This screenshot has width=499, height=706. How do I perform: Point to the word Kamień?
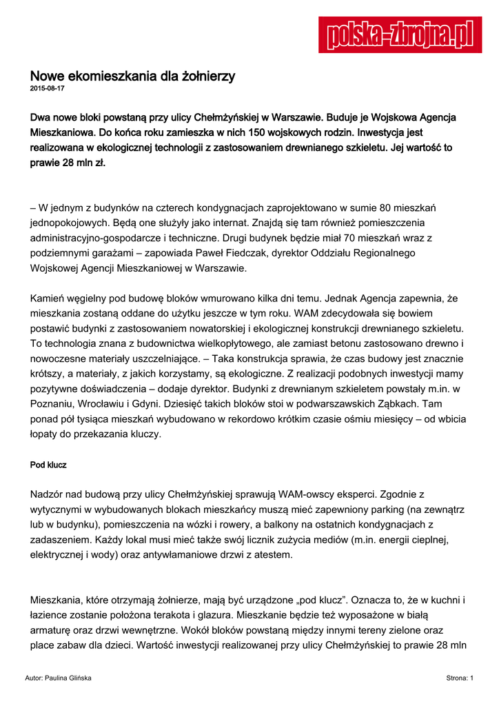point(47,299)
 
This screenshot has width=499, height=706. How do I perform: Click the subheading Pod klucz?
point(48,465)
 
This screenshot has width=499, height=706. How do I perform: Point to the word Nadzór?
point(48,494)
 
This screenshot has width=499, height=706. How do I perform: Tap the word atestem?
point(273,555)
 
